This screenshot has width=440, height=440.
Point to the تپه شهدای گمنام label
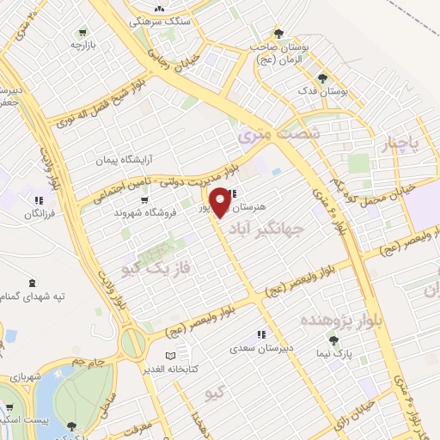point(32,295)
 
